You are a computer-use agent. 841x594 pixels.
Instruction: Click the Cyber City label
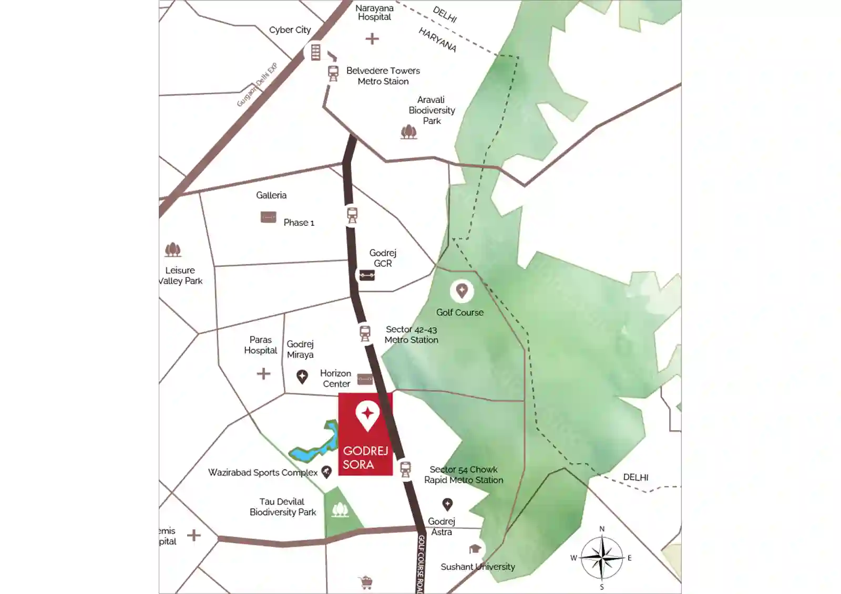tap(290, 30)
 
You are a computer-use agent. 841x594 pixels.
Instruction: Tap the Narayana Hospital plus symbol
tap(372, 39)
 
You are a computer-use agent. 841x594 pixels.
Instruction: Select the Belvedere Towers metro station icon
tap(333, 73)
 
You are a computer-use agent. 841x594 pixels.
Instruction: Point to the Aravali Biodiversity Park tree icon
tap(408, 132)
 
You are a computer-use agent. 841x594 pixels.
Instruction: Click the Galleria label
tap(271, 195)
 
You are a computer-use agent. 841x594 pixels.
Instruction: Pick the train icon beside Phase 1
tap(352, 215)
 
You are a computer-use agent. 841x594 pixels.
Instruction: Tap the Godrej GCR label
tap(383, 258)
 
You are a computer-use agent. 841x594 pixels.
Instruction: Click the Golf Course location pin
tap(461, 290)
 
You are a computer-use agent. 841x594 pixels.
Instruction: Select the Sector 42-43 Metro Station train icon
tap(365, 333)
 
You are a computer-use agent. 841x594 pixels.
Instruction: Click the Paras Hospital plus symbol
tap(263, 373)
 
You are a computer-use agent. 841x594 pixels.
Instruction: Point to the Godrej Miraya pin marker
tap(302, 377)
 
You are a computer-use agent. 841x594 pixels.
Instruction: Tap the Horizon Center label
tap(336, 379)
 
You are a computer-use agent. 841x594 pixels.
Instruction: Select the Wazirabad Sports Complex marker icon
tap(326, 472)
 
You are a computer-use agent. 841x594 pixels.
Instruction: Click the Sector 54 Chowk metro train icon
tap(405, 469)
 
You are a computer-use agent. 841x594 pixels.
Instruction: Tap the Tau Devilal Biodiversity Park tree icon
tap(340, 509)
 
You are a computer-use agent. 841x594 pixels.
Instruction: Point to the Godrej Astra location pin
tap(447, 505)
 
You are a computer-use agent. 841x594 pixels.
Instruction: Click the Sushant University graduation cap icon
tap(475, 549)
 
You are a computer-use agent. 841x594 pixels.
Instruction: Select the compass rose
tap(602, 558)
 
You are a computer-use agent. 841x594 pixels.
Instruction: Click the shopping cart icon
tap(366, 582)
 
